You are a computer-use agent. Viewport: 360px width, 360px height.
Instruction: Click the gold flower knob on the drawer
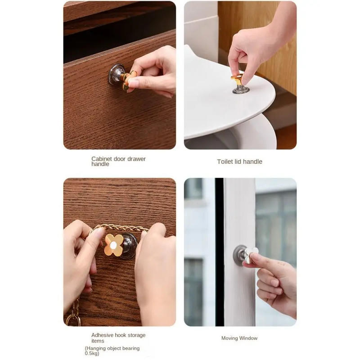tap(128, 79)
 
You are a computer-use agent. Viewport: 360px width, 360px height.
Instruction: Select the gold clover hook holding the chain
tap(114, 244)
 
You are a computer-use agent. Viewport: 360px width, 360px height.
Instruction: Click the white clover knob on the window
tap(250, 254)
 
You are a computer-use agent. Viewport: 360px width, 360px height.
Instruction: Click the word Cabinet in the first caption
tap(102, 159)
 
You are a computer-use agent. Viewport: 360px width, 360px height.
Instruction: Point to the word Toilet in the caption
tap(225, 162)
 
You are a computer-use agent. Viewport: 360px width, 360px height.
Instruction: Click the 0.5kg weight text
tap(92, 354)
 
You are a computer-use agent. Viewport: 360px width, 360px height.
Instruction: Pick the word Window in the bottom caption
tap(248, 338)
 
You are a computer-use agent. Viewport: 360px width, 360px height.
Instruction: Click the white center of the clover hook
tap(114, 245)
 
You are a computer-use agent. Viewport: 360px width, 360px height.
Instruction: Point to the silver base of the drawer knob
tap(116, 74)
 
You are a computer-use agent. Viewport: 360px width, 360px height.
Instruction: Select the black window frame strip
tap(219, 252)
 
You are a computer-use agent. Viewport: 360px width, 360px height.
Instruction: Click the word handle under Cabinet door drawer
tap(100, 164)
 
